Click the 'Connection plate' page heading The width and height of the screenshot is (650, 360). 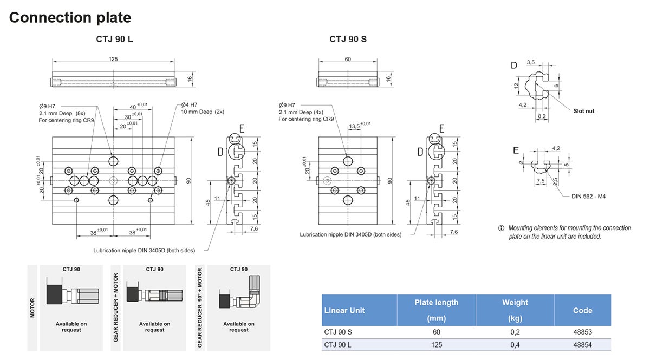tap(70, 17)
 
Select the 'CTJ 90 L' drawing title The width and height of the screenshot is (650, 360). tap(114, 39)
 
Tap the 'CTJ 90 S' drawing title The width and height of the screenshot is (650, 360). tap(348, 39)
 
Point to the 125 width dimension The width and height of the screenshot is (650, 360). tap(113, 59)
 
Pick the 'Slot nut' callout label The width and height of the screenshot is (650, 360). tap(583, 111)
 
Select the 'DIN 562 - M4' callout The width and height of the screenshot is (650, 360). tap(589, 196)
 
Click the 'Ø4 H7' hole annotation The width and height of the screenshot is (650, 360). tap(189, 104)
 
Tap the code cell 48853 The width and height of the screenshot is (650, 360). tap(582, 332)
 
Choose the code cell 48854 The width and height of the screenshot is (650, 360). tap(582, 345)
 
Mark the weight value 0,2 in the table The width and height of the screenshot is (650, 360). tap(515, 332)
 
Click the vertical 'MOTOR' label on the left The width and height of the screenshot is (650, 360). tap(32, 307)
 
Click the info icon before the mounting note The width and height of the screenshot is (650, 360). tap(501, 228)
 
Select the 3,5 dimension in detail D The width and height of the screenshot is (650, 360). tap(530, 63)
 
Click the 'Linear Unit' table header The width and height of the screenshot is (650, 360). tap(344, 310)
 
